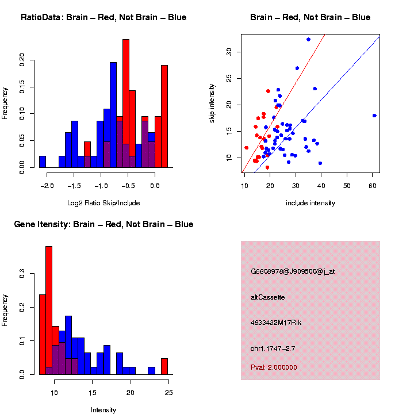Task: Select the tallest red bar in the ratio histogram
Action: tap(126, 103)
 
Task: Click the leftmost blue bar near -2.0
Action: tap(43, 162)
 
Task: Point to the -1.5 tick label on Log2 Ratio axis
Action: tap(74, 186)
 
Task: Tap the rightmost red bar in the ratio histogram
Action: tap(164, 116)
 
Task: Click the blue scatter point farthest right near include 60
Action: tap(374, 116)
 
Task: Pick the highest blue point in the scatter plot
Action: tap(308, 40)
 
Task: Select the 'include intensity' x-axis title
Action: tap(310, 203)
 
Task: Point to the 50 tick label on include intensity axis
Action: tap(347, 186)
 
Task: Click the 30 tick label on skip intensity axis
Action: tap(229, 52)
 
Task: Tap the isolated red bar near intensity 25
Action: tap(164, 366)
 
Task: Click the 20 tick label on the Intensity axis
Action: tap(131, 393)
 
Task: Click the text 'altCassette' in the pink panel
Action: tap(268, 297)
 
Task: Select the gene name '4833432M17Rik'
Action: tap(276, 323)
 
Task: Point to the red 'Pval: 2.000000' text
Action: tap(274, 367)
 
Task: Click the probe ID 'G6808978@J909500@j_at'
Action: tap(293, 271)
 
